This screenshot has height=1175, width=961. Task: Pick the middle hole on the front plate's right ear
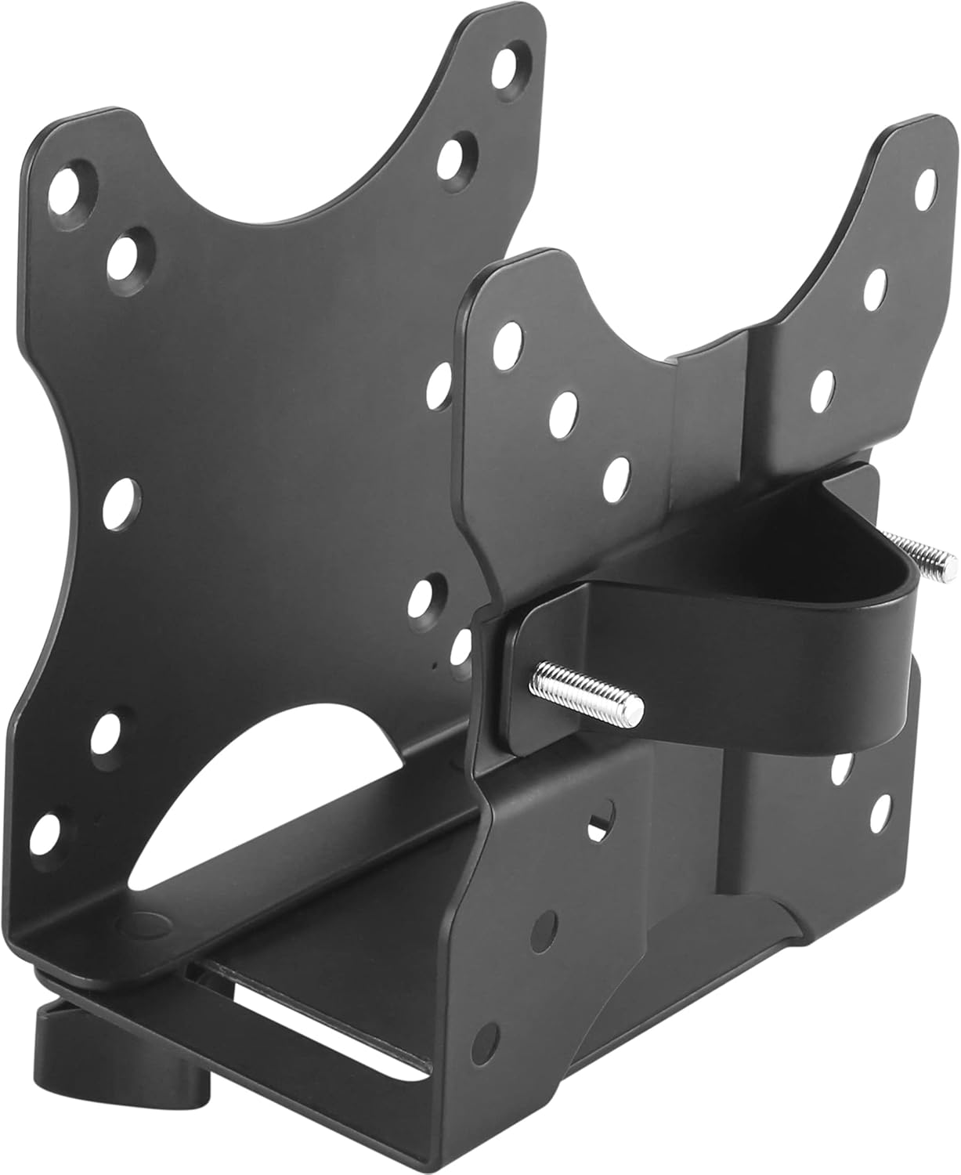click(x=876, y=284)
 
